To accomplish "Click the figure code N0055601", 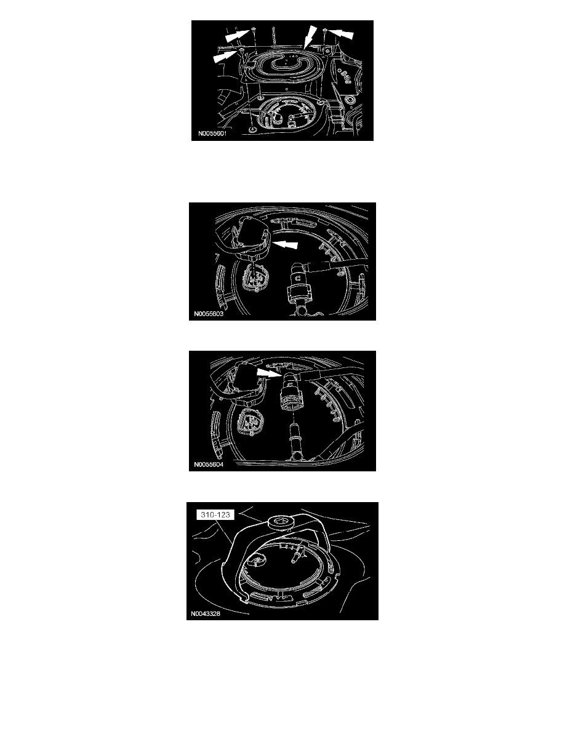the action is pyautogui.click(x=212, y=134).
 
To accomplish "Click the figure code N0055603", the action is pyautogui.click(x=209, y=314).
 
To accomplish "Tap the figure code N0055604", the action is pyautogui.click(x=209, y=465).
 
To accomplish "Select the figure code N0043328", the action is pyautogui.click(x=206, y=613).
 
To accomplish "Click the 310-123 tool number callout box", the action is pyautogui.click(x=215, y=514).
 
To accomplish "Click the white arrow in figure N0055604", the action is pyautogui.click(x=270, y=372).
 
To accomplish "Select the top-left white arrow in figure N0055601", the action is pyautogui.click(x=238, y=35).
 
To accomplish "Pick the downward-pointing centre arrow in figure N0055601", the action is pyautogui.click(x=309, y=36).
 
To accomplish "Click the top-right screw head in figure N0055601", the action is pyautogui.click(x=324, y=30).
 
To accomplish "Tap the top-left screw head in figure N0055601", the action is pyautogui.click(x=253, y=30).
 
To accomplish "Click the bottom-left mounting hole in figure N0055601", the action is pyautogui.click(x=252, y=129).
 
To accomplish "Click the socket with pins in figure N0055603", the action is pyautogui.click(x=252, y=279).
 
